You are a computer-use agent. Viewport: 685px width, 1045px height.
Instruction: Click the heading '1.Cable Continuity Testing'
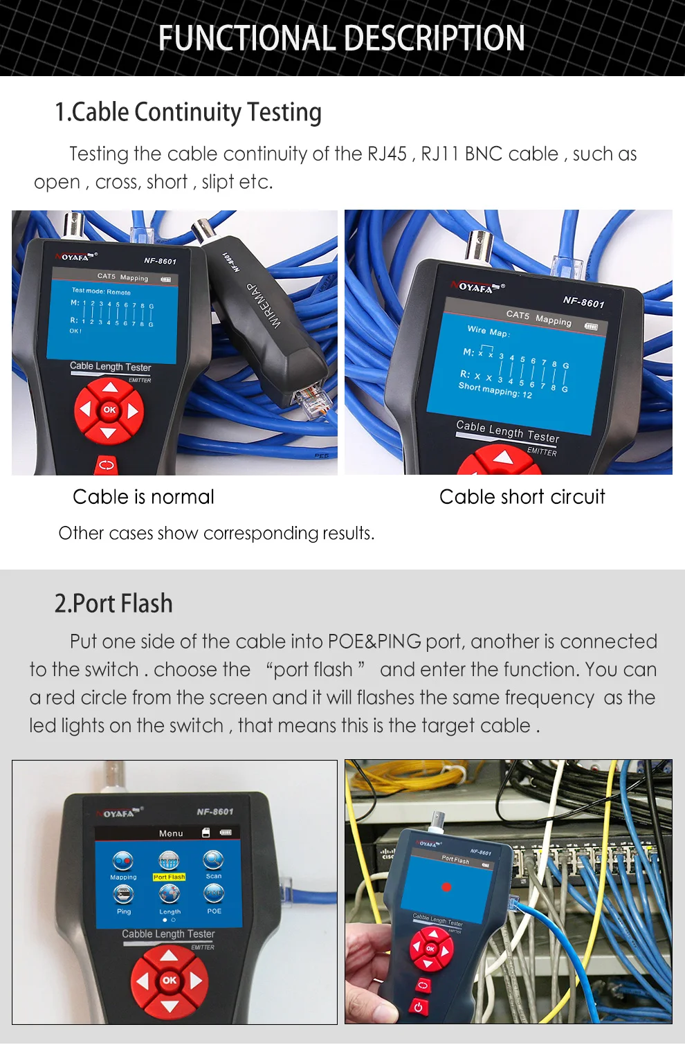click(x=188, y=112)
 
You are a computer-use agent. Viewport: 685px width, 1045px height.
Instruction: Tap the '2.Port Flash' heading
click(x=113, y=603)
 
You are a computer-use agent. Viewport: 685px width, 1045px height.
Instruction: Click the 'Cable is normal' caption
click(x=143, y=497)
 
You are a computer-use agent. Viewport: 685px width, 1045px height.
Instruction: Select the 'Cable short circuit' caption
click(x=522, y=497)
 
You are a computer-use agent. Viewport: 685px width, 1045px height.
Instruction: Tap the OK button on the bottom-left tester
click(x=170, y=980)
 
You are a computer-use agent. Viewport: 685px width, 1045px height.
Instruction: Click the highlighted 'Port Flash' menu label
click(x=170, y=877)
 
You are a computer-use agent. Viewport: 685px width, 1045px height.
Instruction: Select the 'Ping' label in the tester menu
click(x=124, y=911)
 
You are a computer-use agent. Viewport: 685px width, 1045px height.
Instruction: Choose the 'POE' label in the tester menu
click(x=214, y=911)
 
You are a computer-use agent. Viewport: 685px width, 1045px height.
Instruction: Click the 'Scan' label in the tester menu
click(x=214, y=876)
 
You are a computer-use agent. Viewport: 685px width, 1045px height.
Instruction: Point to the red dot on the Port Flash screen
click(x=446, y=887)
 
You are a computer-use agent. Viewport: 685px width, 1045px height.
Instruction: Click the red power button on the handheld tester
click(x=418, y=1007)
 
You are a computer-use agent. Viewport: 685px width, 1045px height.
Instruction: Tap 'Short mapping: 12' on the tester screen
click(x=495, y=390)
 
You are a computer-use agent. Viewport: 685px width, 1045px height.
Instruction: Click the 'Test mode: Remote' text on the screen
click(x=101, y=291)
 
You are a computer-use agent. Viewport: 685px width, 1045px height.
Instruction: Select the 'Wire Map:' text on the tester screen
click(x=488, y=331)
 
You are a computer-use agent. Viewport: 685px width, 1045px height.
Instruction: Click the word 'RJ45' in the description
click(x=387, y=154)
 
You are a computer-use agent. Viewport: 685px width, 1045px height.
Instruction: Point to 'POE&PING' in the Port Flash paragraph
click(x=374, y=642)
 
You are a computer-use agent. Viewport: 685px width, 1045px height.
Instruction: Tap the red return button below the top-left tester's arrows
click(x=107, y=464)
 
